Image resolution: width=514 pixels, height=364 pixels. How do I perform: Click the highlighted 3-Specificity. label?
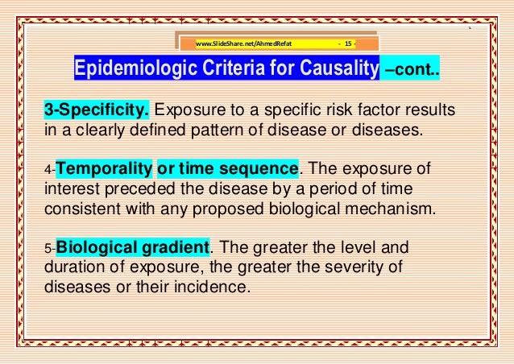click(96, 110)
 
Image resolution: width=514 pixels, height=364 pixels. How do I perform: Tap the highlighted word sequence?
click(260, 168)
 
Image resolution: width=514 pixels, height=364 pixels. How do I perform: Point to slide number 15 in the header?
click(349, 43)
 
